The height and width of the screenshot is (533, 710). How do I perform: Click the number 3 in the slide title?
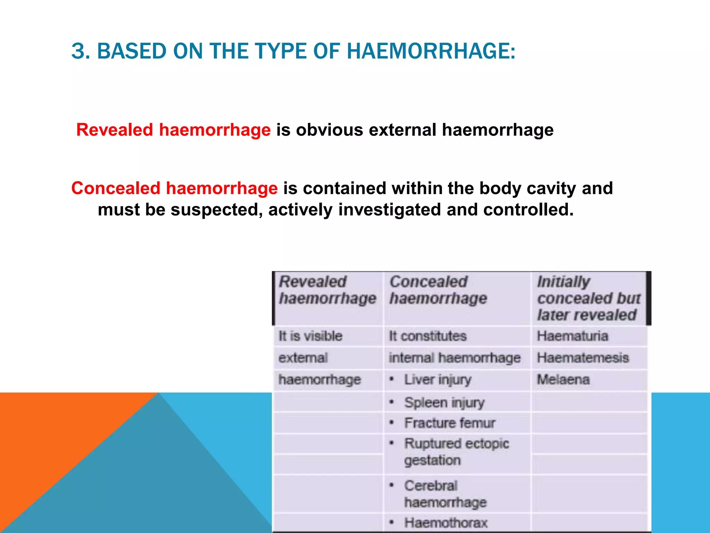(78, 51)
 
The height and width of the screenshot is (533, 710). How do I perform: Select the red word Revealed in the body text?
(114, 130)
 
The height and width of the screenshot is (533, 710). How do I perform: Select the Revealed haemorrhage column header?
(327, 290)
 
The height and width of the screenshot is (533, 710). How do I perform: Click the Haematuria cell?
(572, 336)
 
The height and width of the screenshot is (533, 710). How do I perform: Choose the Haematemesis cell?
(583, 358)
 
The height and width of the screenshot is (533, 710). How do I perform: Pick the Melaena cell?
(563, 379)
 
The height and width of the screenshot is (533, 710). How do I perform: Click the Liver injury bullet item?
(438, 380)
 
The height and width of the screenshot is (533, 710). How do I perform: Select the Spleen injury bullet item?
(444, 403)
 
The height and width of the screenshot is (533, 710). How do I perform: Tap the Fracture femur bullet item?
(449, 423)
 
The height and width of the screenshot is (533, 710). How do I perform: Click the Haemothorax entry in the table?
(445, 523)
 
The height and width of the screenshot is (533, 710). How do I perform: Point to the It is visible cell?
(310, 336)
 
